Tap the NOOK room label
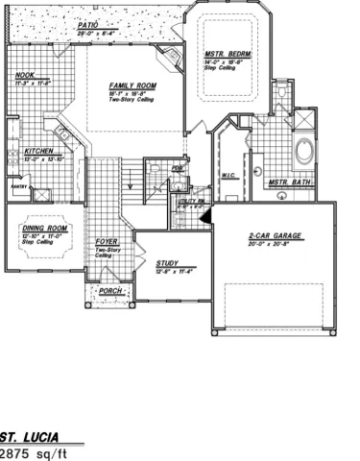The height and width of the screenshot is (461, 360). (x=25, y=76)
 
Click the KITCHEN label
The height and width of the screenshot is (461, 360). (x=38, y=151)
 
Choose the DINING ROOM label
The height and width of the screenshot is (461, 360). (x=41, y=229)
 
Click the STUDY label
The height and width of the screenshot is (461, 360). (x=167, y=261)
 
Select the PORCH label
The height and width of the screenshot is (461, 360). (x=110, y=289)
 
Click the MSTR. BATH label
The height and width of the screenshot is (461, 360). (x=287, y=182)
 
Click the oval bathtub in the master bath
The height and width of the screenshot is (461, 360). (x=306, y=152)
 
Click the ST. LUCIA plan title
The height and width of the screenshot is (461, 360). (x=29, y=435)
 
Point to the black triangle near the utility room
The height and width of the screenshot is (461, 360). (x=204, y=217)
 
